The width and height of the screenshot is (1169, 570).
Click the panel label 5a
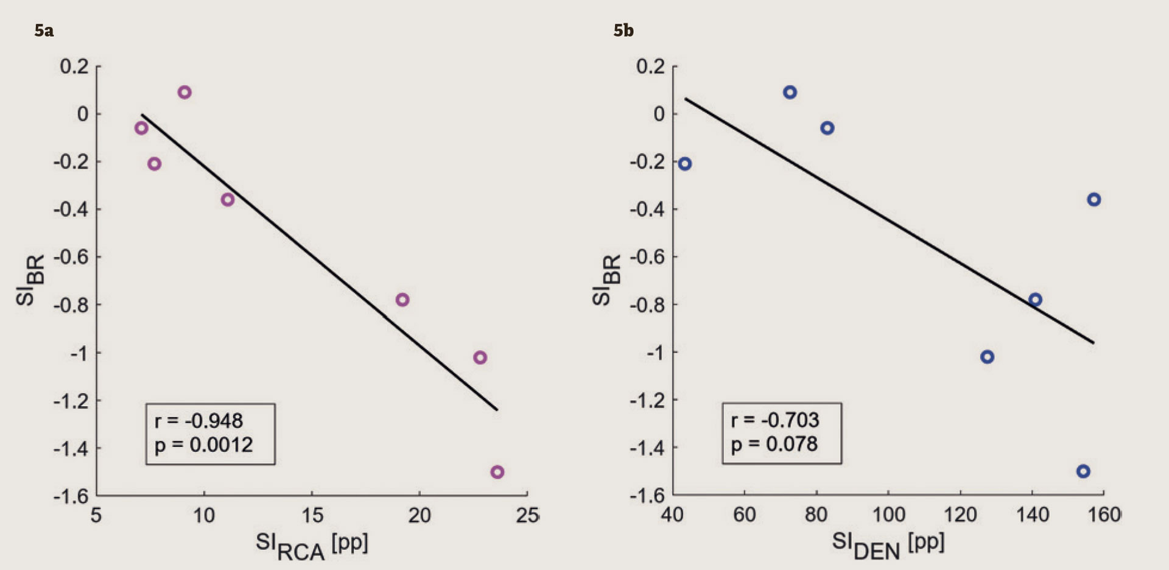coord(44,30)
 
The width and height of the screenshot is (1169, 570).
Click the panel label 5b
coord(623,30)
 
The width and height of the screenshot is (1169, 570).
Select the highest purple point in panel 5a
coord(184,93)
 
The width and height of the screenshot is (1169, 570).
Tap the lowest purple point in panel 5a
coord(497,472)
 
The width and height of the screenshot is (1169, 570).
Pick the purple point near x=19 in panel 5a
coord(402,300)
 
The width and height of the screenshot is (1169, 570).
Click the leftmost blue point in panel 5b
coord(685,164)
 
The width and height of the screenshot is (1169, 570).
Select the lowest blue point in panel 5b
coord(1083,471)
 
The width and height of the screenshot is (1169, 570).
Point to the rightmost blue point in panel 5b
coord(1094,200)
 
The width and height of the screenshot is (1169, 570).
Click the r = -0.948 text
coord(198,421)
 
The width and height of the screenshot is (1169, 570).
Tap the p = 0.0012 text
coord(203,445)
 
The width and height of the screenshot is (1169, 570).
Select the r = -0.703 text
coord(775,420)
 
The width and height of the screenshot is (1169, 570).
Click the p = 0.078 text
coord(774,445)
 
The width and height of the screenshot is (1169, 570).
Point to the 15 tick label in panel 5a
coord(312,516)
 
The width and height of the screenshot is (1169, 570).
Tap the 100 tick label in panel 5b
coord(888,515)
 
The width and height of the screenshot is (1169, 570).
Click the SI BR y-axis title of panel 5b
coord(606,280)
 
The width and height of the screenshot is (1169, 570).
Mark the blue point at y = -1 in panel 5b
coord(988,357)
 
